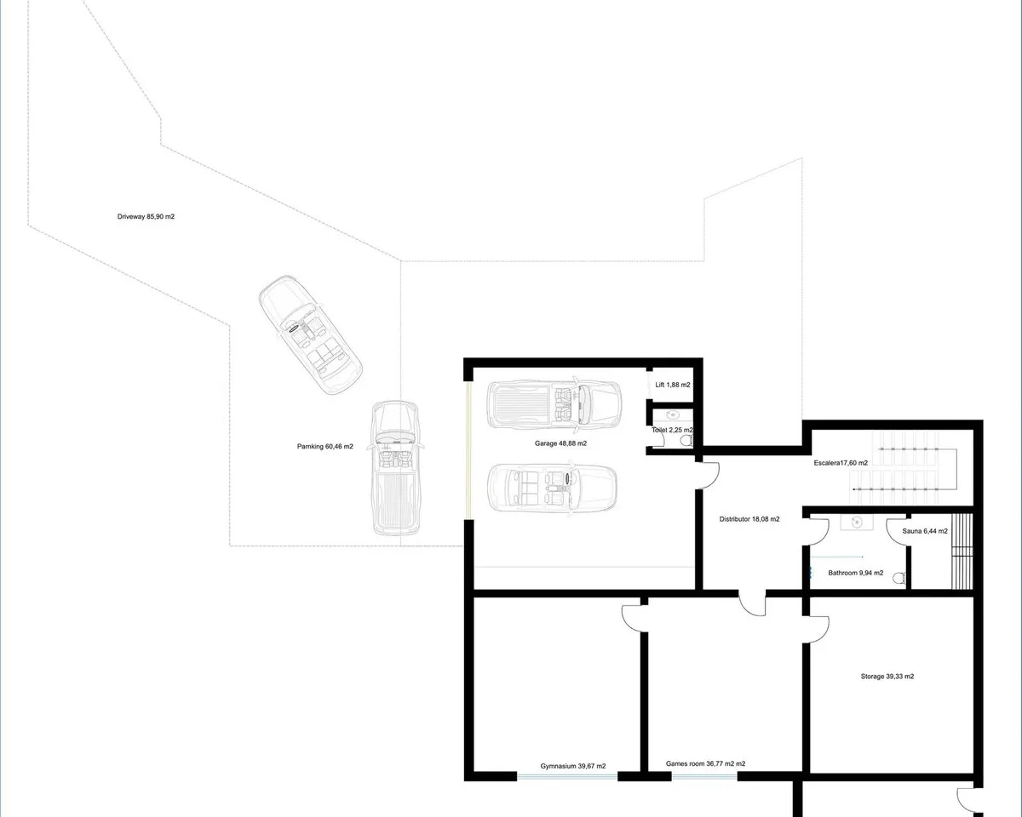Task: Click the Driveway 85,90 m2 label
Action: tap(146, 216)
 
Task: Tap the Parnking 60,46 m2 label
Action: tap(324, 446)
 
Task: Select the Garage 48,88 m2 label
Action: tap(560, 443)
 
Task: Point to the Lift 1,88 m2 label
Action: tap(673, 385)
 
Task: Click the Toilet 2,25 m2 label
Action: tap(672, 430)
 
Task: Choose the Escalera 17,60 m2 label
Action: tap(841, 463)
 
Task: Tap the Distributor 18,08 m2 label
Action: tap(749, 519)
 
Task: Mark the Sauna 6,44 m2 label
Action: tap(925, 531)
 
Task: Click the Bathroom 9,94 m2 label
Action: tap(856, 573)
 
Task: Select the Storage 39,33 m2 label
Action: tap(887, 677)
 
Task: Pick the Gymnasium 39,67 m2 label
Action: tap(572, 766)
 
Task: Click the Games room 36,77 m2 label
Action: tap(705, 763)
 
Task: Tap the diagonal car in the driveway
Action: tap(310, 334)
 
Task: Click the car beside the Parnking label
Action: tap(396, 468)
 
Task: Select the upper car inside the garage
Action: tap(554, 406)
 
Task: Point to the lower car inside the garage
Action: tap(553, 488)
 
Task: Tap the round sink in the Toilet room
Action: tap(673, 415)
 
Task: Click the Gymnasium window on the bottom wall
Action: tap(567, 777)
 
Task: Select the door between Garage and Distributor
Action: tap(708, 475)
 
